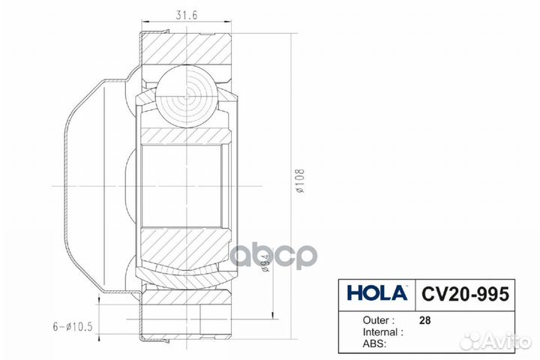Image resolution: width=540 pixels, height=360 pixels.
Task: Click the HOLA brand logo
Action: coord(376,292)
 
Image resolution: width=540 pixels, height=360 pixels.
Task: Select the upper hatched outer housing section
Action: coord(187,48)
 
